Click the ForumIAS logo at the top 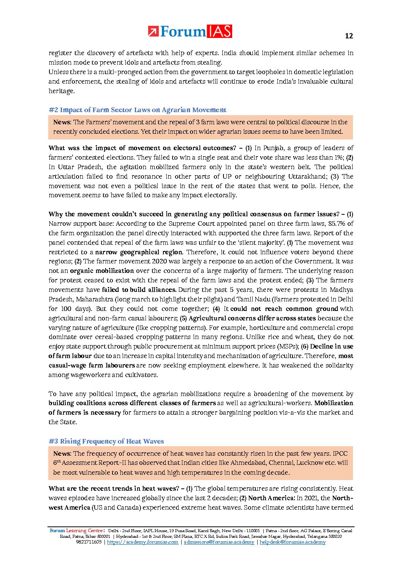pyautogui.click(x=190, y=32)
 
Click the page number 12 pyautogui.click(x=349, y=36)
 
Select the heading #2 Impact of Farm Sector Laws pyautogui.click(x=137, y=110)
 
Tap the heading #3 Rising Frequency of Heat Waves pyautogui.click(x=106, y=441)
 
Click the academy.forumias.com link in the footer pyautogui.click(x=142, y=542)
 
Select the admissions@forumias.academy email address pyautogui.click(x=219, y=542)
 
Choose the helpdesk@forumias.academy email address pyautogui.click(x=293, y=542)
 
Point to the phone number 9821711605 pyautogui.click(x=89, y=542)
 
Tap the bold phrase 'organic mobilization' pyautogui.click(x=102, y=271)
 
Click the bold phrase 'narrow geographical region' pyautogui.click(x=139, y=252)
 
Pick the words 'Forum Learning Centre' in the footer pyautogui.click(x=76, y=531)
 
